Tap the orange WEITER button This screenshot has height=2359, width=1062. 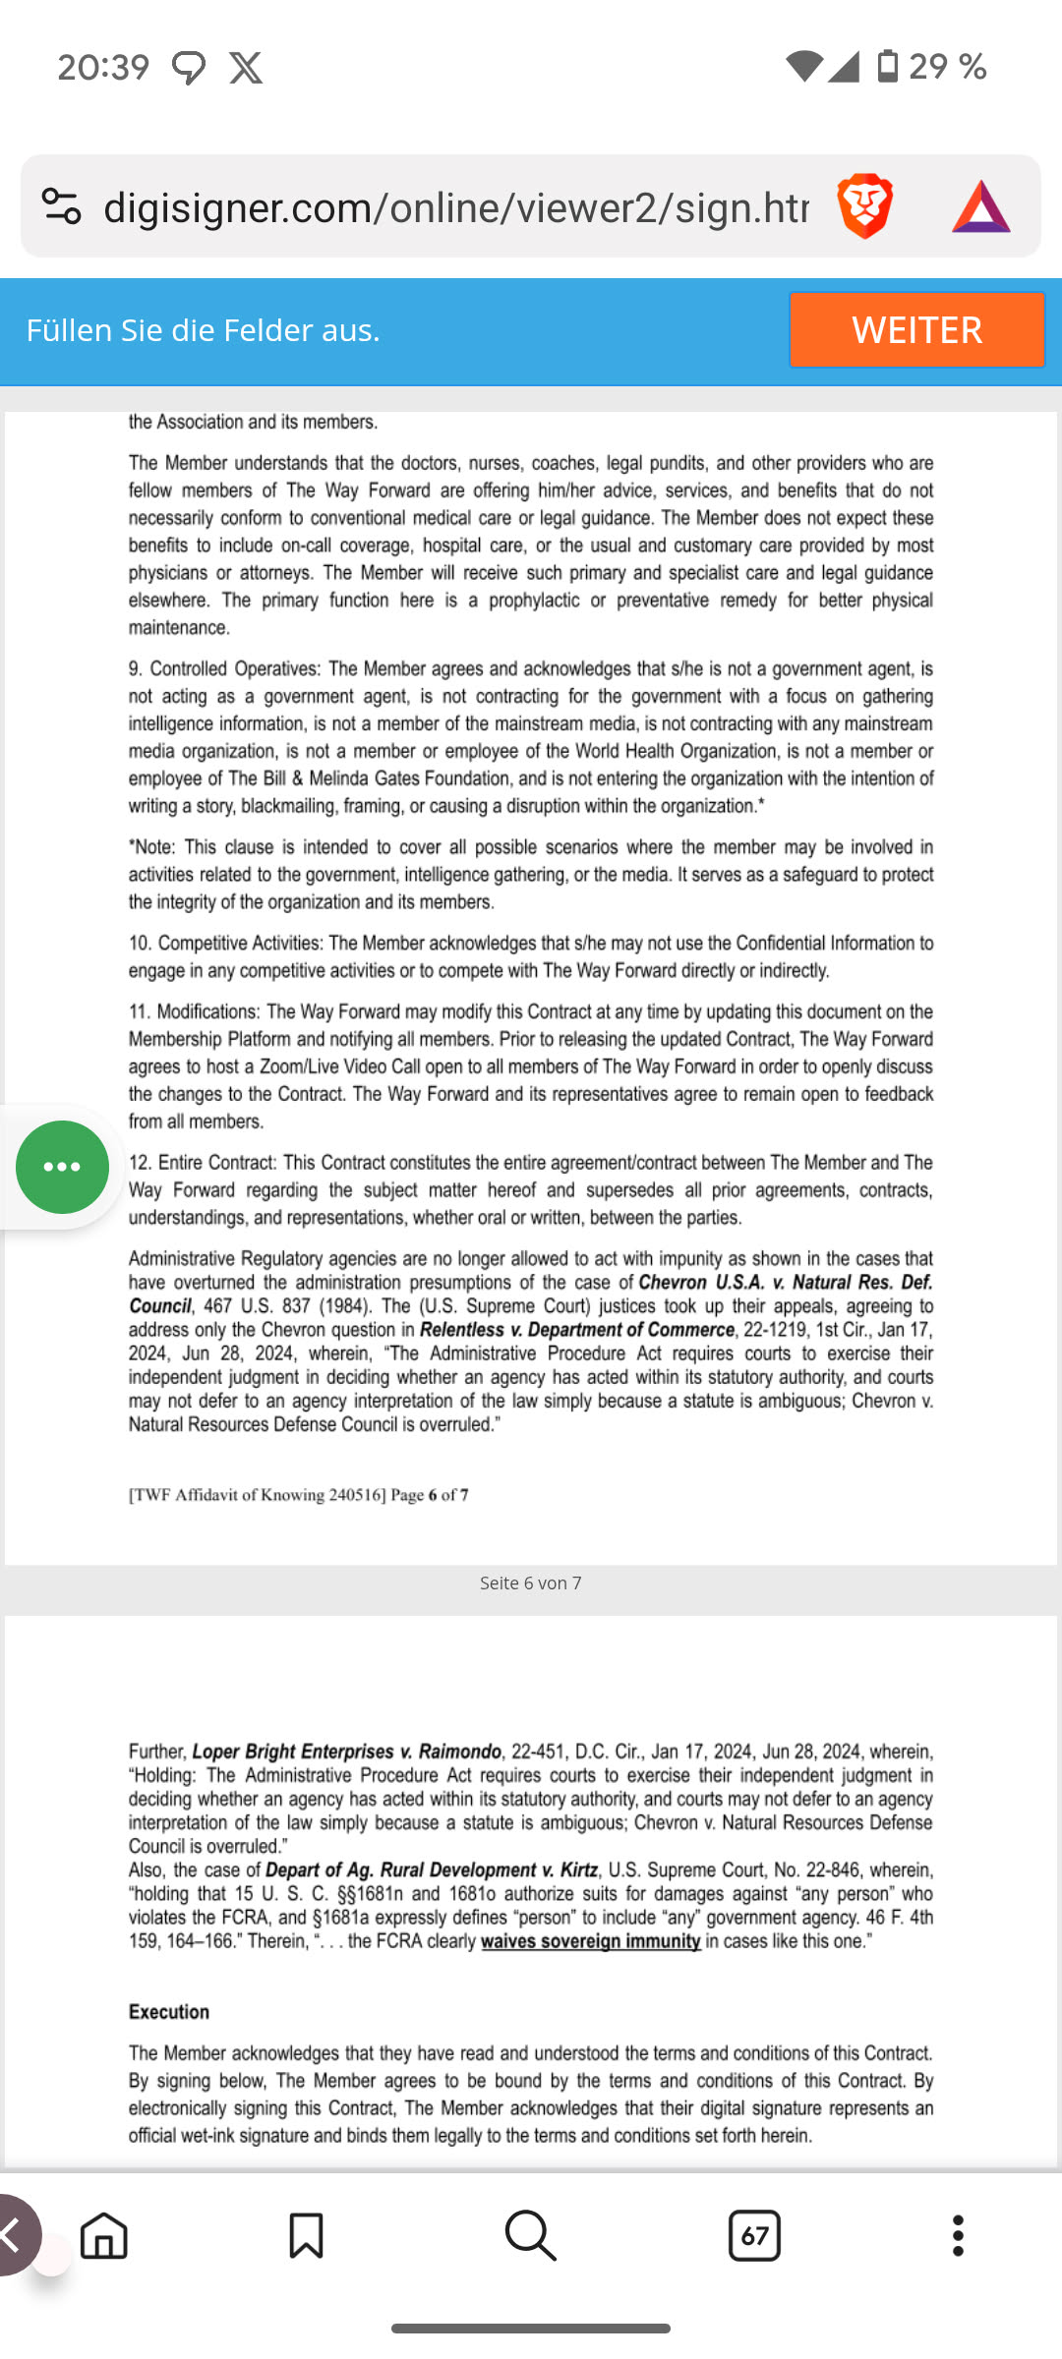(916, 329)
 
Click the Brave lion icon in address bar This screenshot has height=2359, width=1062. (864, 206)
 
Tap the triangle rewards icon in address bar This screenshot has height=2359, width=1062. (980, 207)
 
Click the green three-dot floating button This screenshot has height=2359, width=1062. (62, 1167)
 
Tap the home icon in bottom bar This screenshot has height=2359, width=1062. (104, 2236)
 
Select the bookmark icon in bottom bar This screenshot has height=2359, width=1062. (306, 2236)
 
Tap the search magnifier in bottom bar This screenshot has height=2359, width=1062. (530, 2236)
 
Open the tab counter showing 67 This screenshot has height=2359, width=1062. (754, 2236)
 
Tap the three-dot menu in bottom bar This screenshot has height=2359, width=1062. (958, 2236)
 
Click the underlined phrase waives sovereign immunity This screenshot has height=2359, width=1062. (590, 1941)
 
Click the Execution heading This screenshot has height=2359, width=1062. (168, 2012)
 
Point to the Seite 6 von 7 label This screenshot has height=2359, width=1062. (530, 1582)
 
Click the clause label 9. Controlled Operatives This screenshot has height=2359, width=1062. (224, 669)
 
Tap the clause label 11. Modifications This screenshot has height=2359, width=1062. (194, 1012)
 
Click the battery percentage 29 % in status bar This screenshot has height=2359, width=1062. (947, 67)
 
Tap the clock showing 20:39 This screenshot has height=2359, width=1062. (103, 68)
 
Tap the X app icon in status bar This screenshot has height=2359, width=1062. (246, 68)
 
